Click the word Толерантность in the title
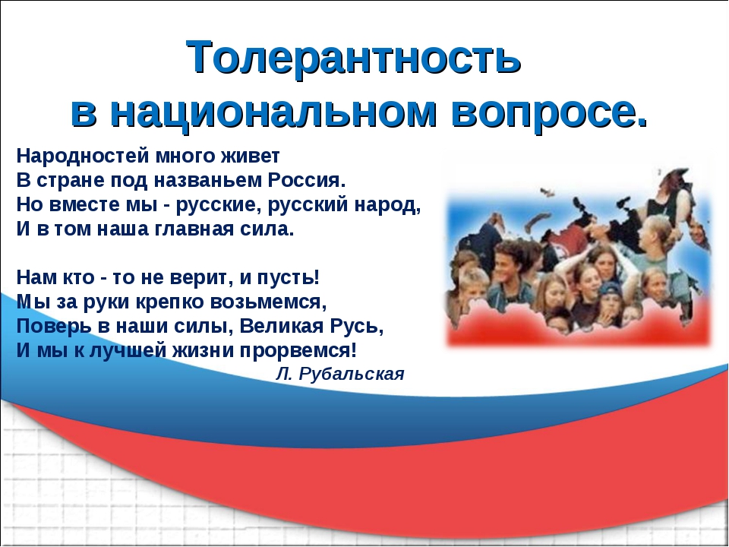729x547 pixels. click(x=353, y=57)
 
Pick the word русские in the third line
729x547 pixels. click(x=216, y=205)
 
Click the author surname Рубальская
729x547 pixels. click(x=352, y=374)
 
